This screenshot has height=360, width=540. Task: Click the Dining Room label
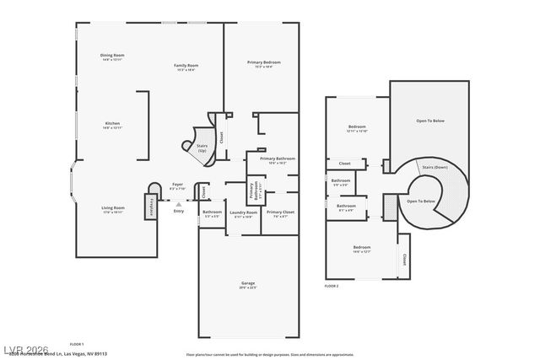tap(112, 56)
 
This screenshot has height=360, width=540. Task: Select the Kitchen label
tap(112, 124)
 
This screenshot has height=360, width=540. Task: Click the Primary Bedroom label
tap(263, 62)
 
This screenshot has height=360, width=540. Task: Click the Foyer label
tap(177, 185)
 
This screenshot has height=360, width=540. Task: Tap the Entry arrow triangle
tap(178, 203)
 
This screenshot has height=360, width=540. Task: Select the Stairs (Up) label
tap(202, 148)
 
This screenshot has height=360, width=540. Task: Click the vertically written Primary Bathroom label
tap(251, 191)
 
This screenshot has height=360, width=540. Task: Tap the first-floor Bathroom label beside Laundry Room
tap(212, 212)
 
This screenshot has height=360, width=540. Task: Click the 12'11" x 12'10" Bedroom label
tap(356, 127)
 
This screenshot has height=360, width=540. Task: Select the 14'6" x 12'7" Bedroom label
tap(361, 248)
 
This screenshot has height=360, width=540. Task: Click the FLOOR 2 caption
tap(332, 287)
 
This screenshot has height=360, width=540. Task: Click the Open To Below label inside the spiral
tap(421, 201)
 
